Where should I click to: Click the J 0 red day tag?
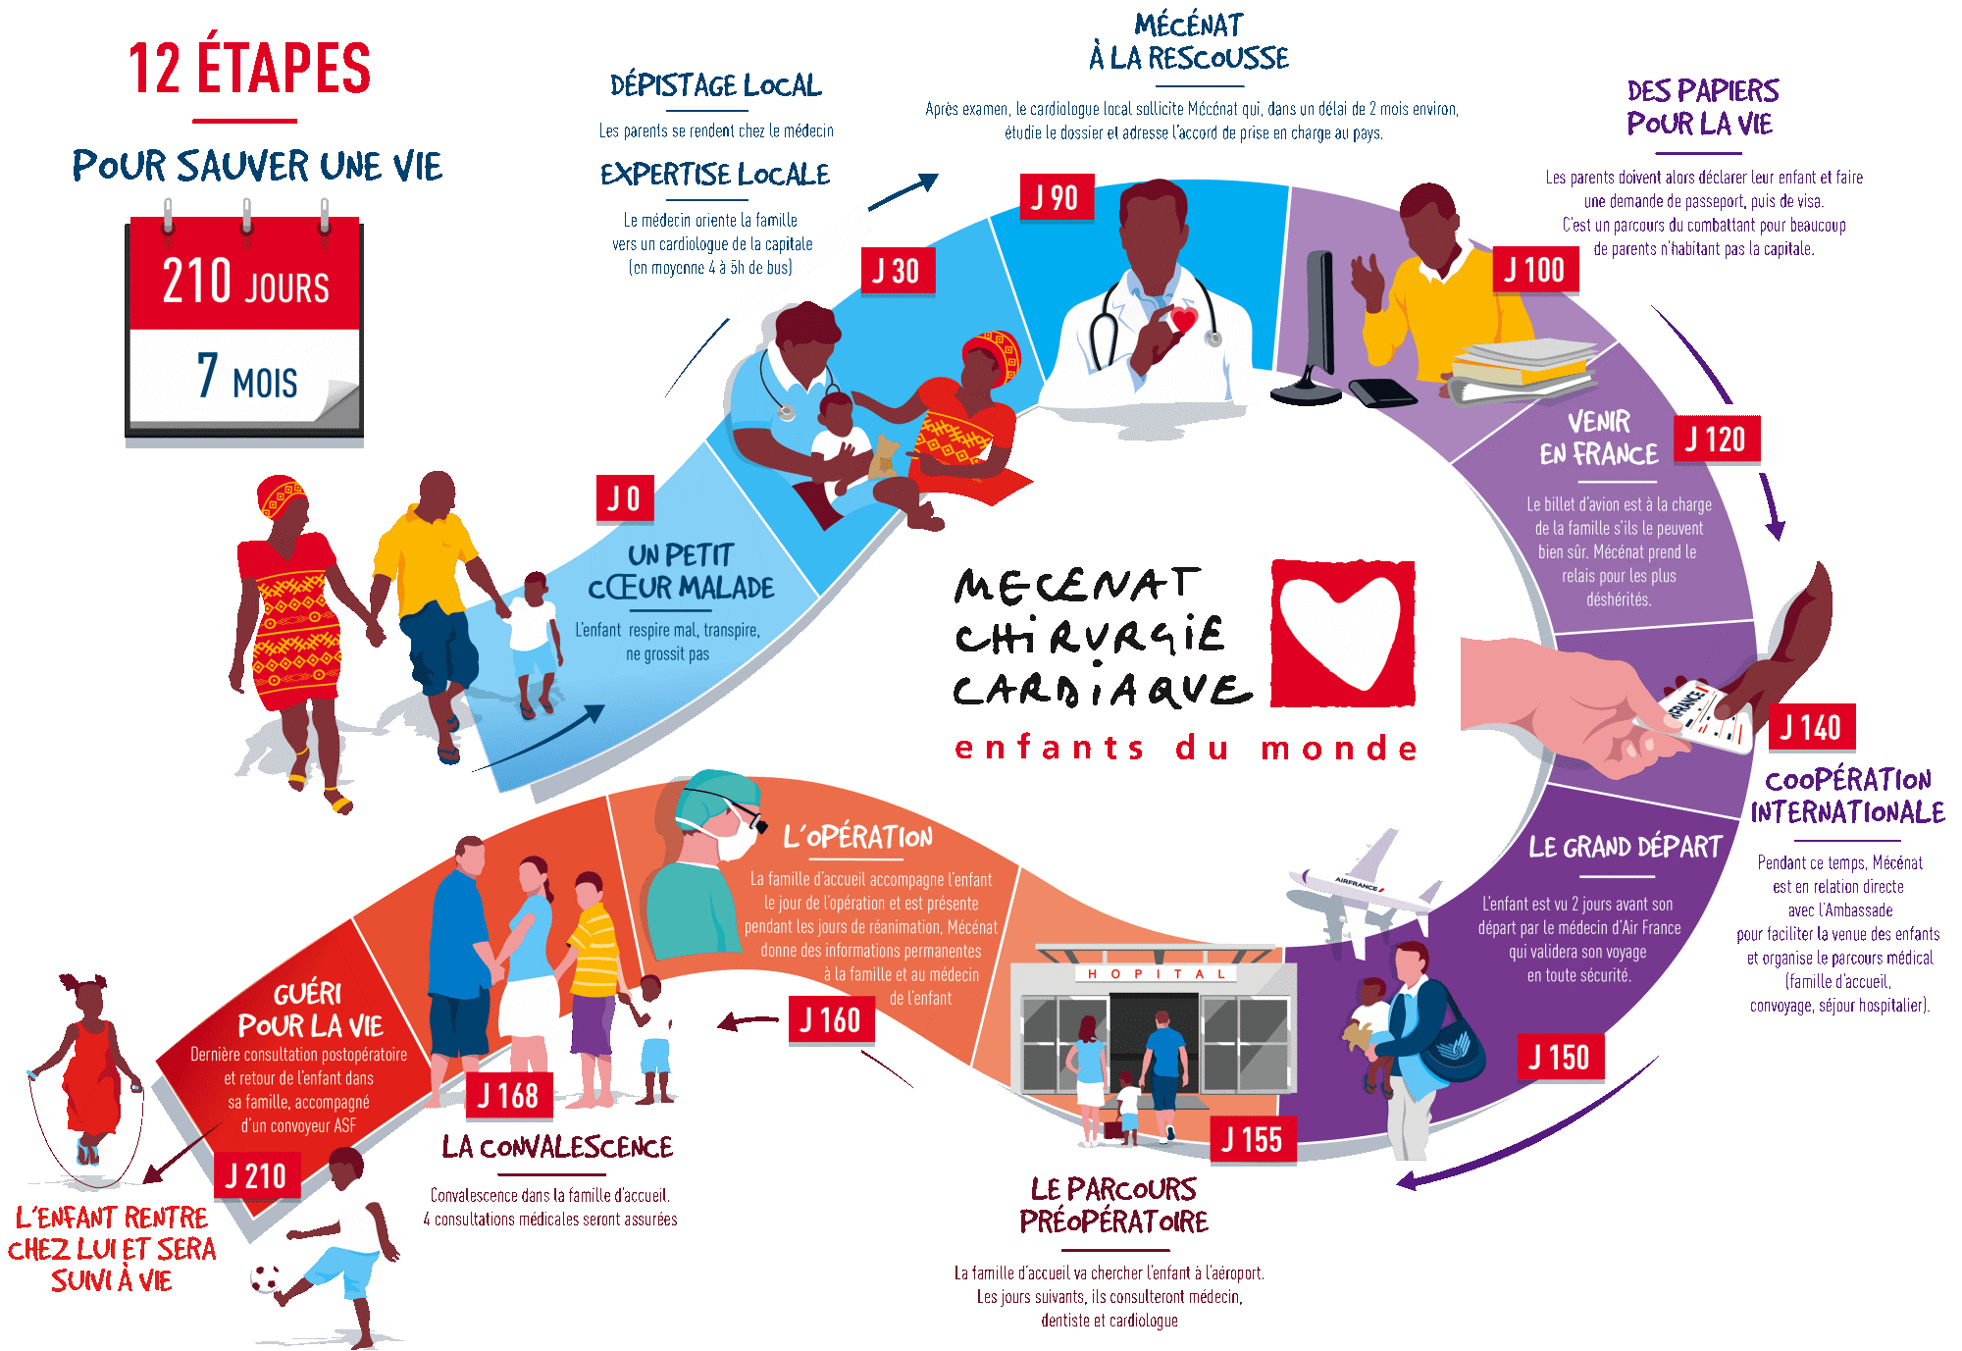[625, 498]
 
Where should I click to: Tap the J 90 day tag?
[1056, 197]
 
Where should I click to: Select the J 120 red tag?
[1716, 439]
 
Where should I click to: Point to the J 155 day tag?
[1253, 1139]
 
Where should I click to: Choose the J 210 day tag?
[256, 1175]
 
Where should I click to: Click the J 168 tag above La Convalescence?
[508, 1095]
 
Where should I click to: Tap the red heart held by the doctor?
[1183, 320]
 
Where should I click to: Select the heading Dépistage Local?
[715, 85]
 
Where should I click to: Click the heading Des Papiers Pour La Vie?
[1702, 107]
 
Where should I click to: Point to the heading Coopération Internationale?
[1848, 796]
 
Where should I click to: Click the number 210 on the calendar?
[196, 281]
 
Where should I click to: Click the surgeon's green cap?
[719, 797]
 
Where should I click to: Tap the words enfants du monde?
[1186, 748]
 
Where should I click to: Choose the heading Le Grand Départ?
[1626, 847]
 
